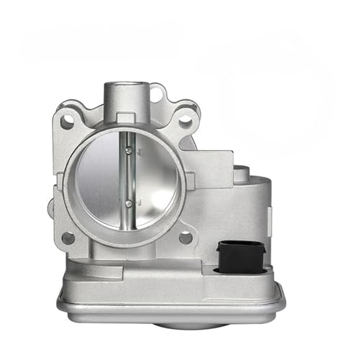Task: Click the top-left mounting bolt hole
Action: pos(67,122)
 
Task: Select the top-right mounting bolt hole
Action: pos(185,122)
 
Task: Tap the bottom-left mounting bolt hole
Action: pos(68,237)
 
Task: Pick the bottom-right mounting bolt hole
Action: pos(185,236)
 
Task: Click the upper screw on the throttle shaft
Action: pos(127,150)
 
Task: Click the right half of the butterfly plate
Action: pos(153,178)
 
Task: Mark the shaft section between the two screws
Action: pos(127,177)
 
